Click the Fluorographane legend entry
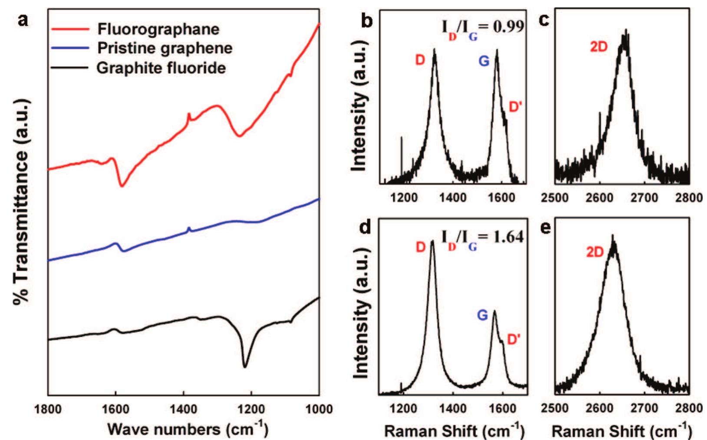point(158,29)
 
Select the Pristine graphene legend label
point(165,48)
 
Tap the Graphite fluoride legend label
point(161,68)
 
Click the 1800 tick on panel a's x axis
point(48,409)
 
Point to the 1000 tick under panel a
point(319,409)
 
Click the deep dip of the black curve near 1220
point(245,366)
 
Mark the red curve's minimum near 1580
point(122,186)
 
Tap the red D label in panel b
point(420,60)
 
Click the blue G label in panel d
point(482,315)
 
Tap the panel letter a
point(23,20)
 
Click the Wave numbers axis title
point(188,430)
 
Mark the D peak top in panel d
point(432,242)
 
